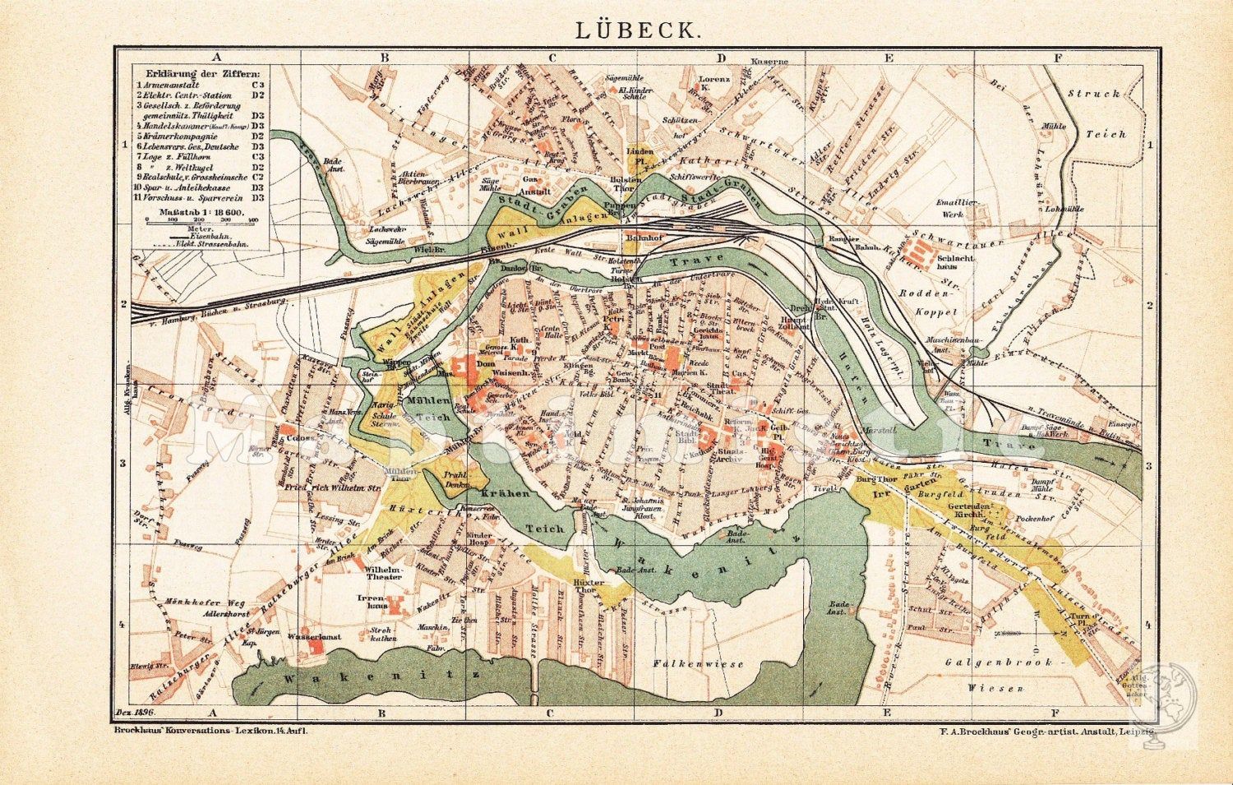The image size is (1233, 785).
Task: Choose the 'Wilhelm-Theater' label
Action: pos(384,572)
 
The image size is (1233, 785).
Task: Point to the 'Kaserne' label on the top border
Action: pos(773,61)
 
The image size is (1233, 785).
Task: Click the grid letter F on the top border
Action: pos(1057,58)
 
